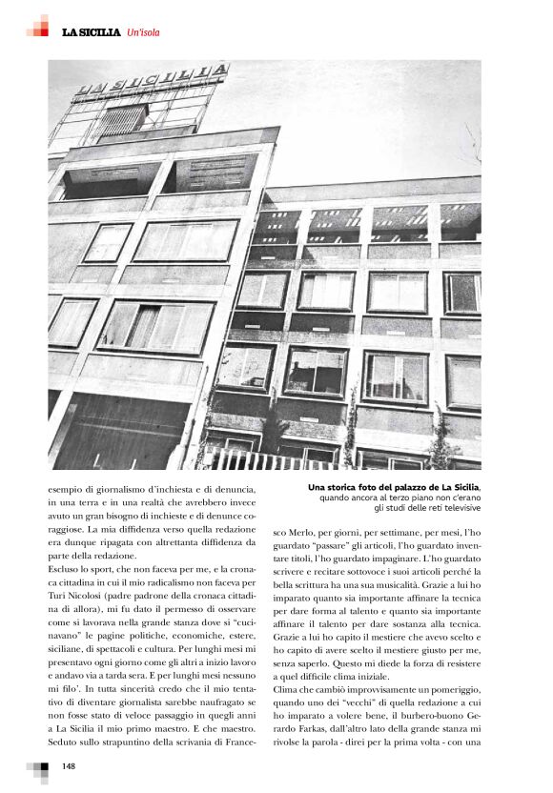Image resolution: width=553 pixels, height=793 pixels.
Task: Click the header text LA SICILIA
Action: (x=91, y=33)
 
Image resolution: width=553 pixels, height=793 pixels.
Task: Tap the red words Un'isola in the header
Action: (x=144, y=33)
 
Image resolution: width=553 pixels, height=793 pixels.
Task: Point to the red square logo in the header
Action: (x=38, y=26)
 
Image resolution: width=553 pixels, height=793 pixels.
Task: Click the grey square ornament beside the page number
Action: (x=38, y=767)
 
